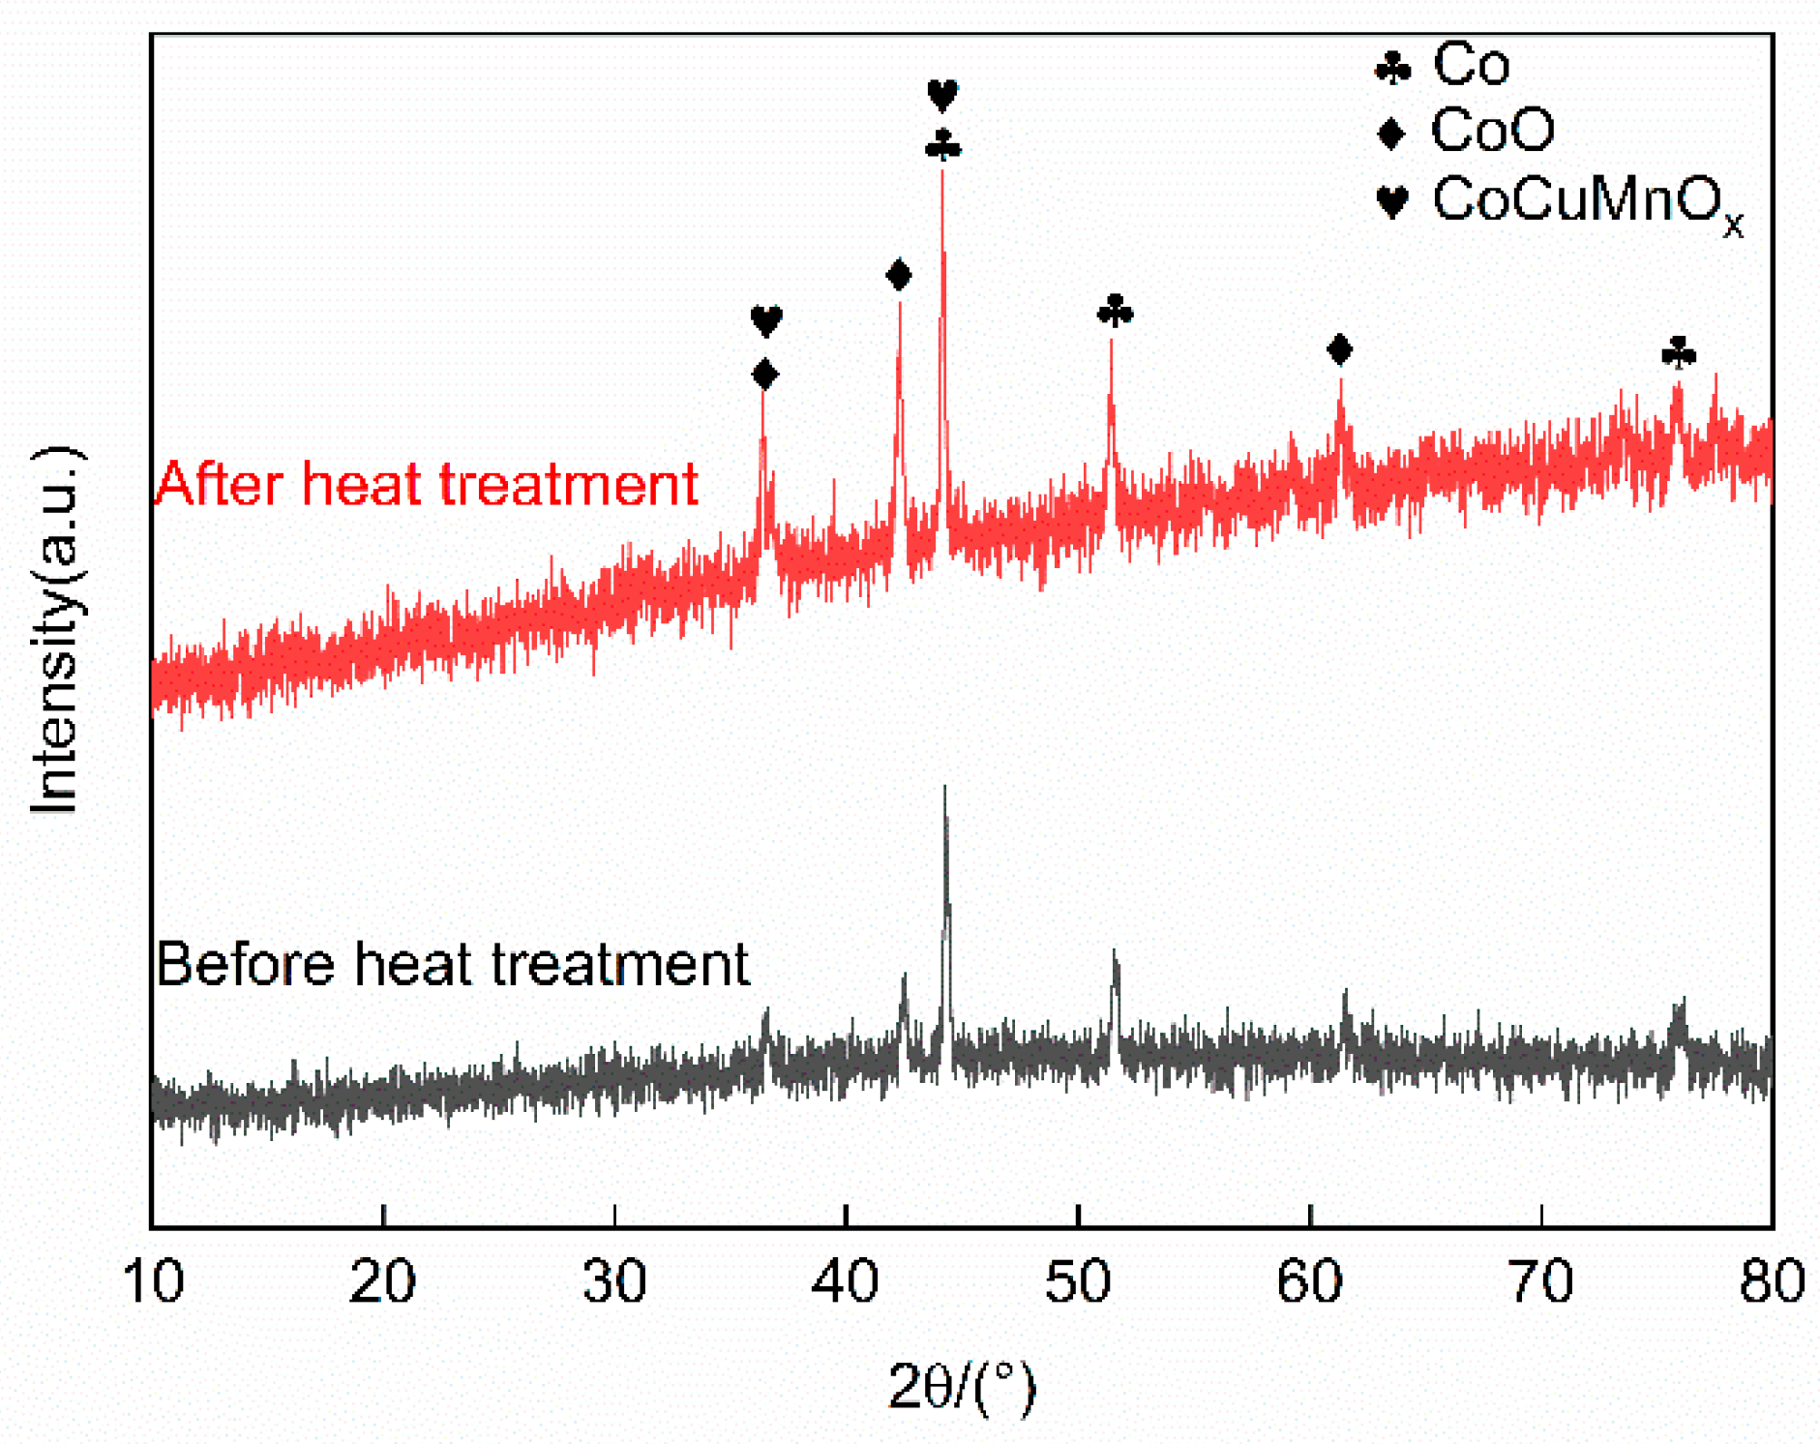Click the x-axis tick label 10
pos(153,1281)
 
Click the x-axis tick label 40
pos(845,1281)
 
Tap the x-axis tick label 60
pos(1308,1281)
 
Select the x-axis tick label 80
pos(1771,1281)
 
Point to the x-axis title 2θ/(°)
pos(961,1386)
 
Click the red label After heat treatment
pos(427,483)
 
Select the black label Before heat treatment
pos(452,964)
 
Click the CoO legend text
pos(1492,130)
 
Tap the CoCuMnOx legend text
pos(1587,201)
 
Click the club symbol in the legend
pos(1392,68)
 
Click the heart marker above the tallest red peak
pos(942,95)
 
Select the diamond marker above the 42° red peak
pos(898,275)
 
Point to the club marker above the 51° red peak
pos(1115,311)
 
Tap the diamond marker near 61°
pos(1339,349)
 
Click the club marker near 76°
pos(1679,352)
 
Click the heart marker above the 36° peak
pos(765,319)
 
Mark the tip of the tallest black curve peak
pos(944,788)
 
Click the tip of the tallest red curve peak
pos(941,172)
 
